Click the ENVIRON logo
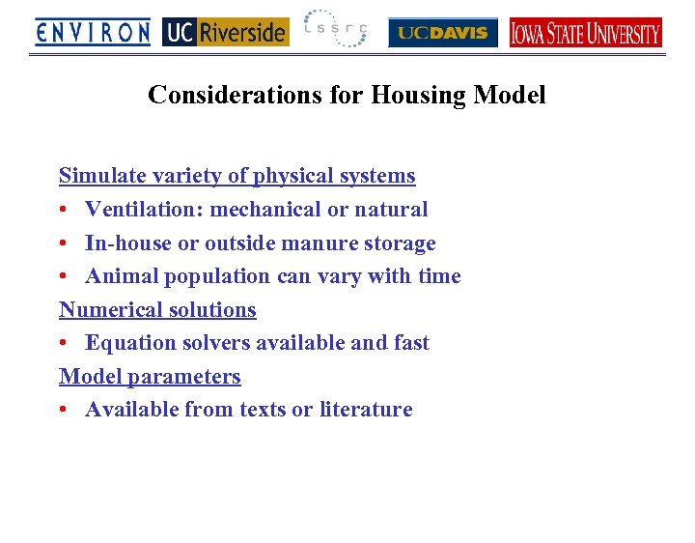pyautogui.click(x=93, y=33)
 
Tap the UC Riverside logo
pyautogui.click(x=225, y=33)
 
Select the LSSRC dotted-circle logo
pyautogui.click(x=335, y=30)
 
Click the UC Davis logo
pyautogui.click(x=443, y=33)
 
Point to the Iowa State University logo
pyautogui.click(x=585, y=33)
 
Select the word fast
pyautogui.click(x=408, y=343)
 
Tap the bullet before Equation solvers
pyautogui.click(x=64, y=344)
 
